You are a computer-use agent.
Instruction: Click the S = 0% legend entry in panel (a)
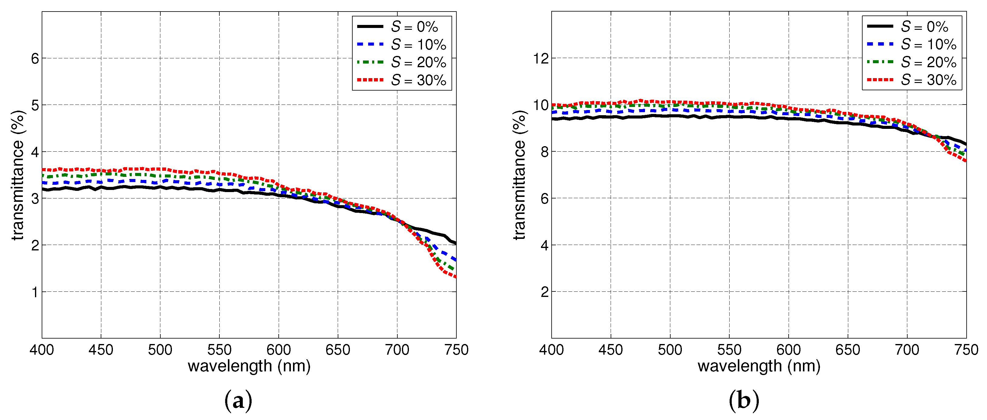tap(414, 27)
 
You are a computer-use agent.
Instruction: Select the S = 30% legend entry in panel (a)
tap(418, 80)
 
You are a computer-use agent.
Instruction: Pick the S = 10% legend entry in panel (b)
tap(928, 44)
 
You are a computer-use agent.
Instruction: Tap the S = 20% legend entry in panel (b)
tap(928, 62)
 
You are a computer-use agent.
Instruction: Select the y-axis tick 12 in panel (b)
tap(541, 59)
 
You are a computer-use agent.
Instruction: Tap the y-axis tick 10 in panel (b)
tap(541, 105)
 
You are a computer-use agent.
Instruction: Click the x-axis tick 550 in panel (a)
tap(219, 349)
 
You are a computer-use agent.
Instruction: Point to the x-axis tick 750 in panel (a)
tap(456, 349)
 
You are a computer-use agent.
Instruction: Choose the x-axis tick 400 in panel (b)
tap(551, 349)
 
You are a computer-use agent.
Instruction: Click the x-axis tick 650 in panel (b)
tap(848, 349)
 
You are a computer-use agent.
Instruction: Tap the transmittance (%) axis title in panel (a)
tap(18, 175)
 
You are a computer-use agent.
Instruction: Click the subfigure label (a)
tap(238, 401)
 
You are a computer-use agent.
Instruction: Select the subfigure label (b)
tap(744, 401)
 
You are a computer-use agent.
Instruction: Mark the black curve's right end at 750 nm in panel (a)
tap(455, 243)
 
